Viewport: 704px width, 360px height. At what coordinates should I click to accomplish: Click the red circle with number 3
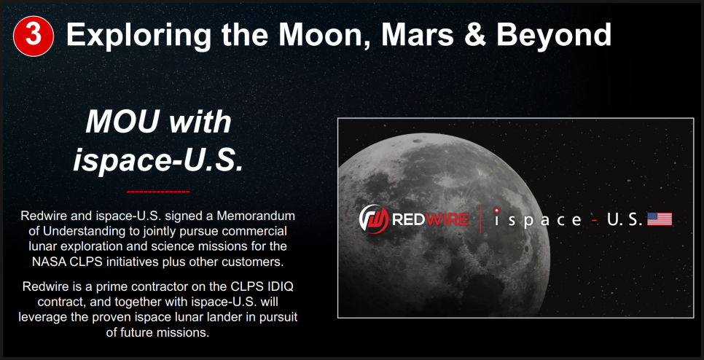pyautogui.click(x=34, y=36)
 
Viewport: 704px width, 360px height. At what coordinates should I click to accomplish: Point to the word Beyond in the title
pyautogui.click(x=553, y=34)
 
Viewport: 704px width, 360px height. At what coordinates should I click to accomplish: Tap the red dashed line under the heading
pyautogui.click(x=158, y=192)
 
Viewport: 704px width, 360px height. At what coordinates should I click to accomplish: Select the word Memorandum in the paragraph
pyautogui.click(x=256, y=216)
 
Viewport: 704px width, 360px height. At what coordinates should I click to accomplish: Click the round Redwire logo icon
pyautogui.click(x=374, y=219)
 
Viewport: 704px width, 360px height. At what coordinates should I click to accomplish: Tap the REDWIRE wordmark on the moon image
pyautogui.click(x=430, y=219)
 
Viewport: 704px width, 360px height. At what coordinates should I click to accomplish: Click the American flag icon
pyautogui.click(x=659, y=219)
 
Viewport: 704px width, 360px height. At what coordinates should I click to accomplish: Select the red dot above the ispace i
pyautogui.click(x=496, y=210)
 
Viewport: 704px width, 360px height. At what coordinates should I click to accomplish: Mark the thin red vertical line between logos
pyautogui.click(x=480, y=219)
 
